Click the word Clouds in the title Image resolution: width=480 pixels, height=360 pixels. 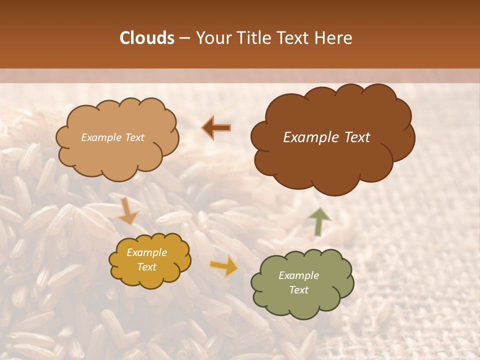(x=147, y=38)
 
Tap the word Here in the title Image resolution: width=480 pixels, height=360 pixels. (x=334, y=38)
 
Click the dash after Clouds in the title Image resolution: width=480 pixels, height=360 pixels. (x=184, y=38)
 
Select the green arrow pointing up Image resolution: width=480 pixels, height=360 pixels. (x=319, y=221)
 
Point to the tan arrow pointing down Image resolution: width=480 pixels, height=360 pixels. (x=127, y=211)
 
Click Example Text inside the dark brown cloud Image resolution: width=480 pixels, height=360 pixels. (x=326, y=137)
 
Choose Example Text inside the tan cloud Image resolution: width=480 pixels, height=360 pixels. (x=112, y=137)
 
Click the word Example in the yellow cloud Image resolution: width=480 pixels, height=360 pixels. (x=146, y=252)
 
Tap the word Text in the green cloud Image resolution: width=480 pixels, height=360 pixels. (x=298, y=290)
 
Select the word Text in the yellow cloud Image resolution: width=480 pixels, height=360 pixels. (x=146, y=267)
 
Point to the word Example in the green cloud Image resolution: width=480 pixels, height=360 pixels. (x=298, y=275)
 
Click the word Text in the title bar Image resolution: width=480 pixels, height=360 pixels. (x=293, y=38)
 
